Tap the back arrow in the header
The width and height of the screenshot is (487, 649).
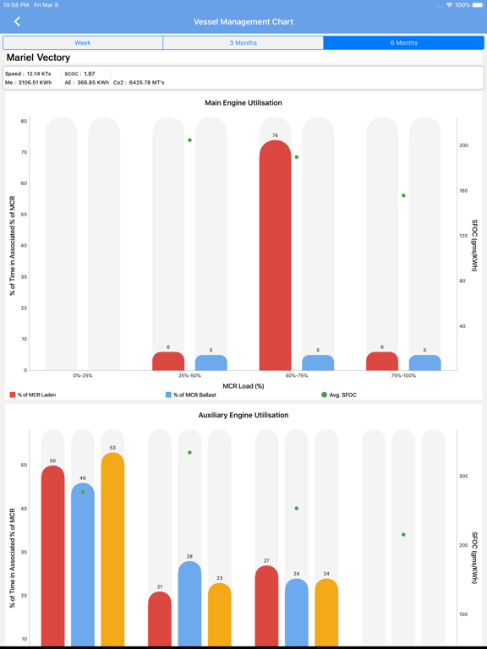[x=17, y=21]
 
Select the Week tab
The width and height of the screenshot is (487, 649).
[x=83, y=42]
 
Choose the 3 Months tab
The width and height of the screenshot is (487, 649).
[x=243, y=42]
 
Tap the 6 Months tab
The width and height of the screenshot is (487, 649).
[x=404, y=42]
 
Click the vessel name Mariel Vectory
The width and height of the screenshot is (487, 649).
[x=38, y=57]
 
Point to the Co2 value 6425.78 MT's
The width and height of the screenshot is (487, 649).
[x=139, y=82]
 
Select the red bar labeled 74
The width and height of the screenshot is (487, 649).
[x=275, y=255]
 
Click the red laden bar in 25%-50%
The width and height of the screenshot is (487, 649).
[x=168, y=361]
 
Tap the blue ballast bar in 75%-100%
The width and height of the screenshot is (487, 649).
[x=425, y=363]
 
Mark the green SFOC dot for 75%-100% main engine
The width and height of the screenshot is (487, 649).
[x=403, y=195]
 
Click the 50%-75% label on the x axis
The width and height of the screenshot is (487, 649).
[x=297, y=376]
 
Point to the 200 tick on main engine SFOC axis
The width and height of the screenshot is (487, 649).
[x=464, y=145]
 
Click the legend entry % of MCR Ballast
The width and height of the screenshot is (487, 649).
[x=191, y=395]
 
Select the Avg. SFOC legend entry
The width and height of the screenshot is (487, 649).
[x=339, y=395]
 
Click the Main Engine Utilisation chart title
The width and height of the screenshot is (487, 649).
[x=243, y=102]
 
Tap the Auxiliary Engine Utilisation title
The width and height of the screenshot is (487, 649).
[x=243, y=415]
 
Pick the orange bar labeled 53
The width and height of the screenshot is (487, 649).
[x=112, y=548]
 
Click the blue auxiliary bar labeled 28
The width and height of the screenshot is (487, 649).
[x=189, y=603]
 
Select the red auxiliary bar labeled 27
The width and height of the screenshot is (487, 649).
[x=266, y=606]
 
